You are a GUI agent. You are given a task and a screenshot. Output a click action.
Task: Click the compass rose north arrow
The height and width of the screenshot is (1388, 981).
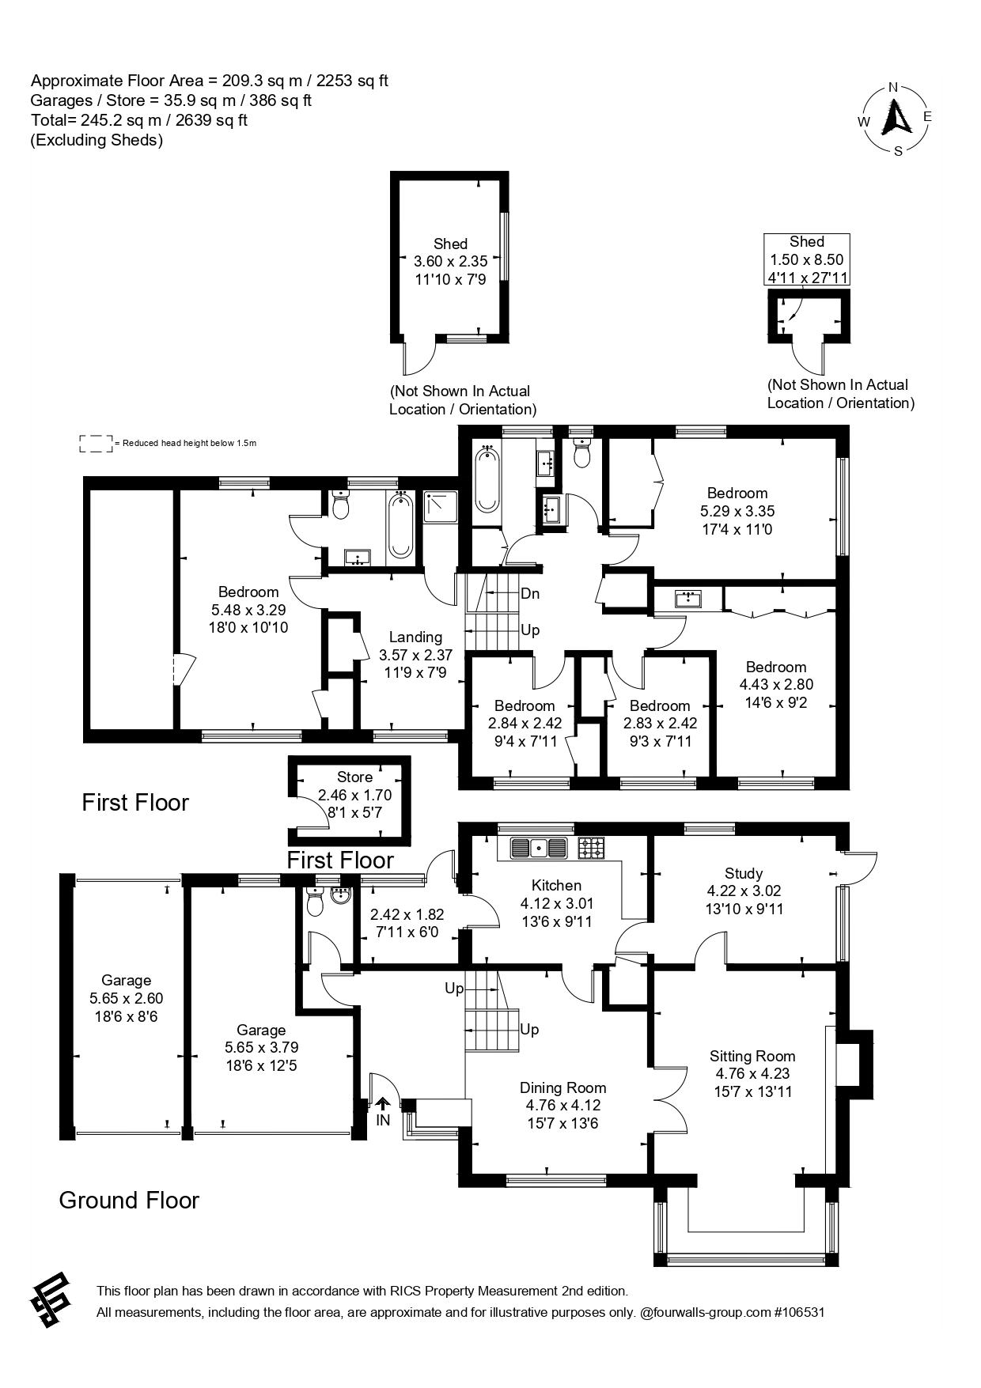coord(896,119)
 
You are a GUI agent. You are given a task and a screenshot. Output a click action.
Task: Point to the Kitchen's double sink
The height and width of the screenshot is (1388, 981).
coord(539,849)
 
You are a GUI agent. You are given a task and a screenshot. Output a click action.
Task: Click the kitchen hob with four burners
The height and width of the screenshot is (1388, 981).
coord(591,849)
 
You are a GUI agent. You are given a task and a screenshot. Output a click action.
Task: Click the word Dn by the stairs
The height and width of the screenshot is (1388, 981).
coord(530,594)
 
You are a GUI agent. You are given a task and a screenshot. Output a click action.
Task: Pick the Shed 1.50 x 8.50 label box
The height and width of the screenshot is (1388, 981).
coord(806,259)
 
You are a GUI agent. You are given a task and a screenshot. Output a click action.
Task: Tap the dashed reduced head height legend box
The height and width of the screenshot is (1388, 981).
coord(96,444)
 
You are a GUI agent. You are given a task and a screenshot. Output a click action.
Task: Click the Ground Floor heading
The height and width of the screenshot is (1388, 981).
coord(129,1201)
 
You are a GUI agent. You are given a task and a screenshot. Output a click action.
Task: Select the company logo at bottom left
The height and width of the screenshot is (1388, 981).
coord(51,1301)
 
